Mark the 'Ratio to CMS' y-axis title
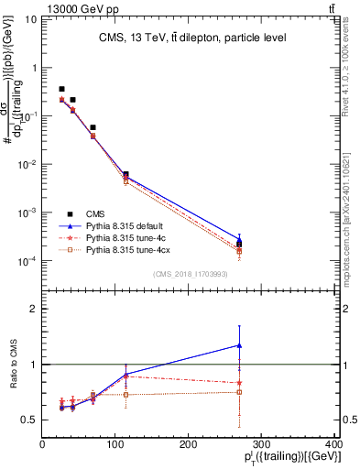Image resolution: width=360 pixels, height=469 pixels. click(x=12, y=365)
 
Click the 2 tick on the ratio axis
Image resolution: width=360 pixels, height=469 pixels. click(x=35, y=309)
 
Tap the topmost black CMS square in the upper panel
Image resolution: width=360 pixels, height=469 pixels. click(x=61, y=89)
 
